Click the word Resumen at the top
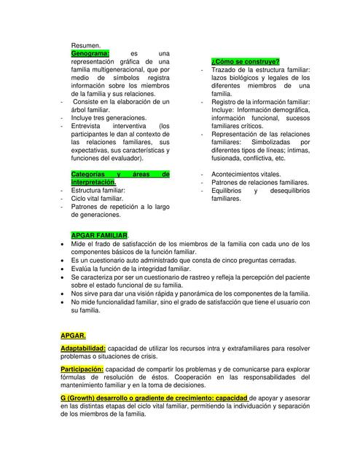click(85, 44)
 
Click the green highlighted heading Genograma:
click(90, 53)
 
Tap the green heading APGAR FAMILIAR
click(99, 235)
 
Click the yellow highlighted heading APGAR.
click(74, 336)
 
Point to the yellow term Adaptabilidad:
click(84, 349)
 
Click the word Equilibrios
click(229, 190)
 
